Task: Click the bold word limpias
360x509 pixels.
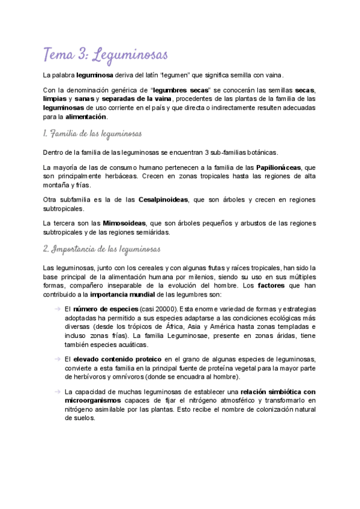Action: pyautogui.click(x=55, y=98)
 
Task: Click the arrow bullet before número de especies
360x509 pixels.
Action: pyautogui.click(x=57, y=309)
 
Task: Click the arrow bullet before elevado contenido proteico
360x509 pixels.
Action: pyautogui.click(x=57, y=359)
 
